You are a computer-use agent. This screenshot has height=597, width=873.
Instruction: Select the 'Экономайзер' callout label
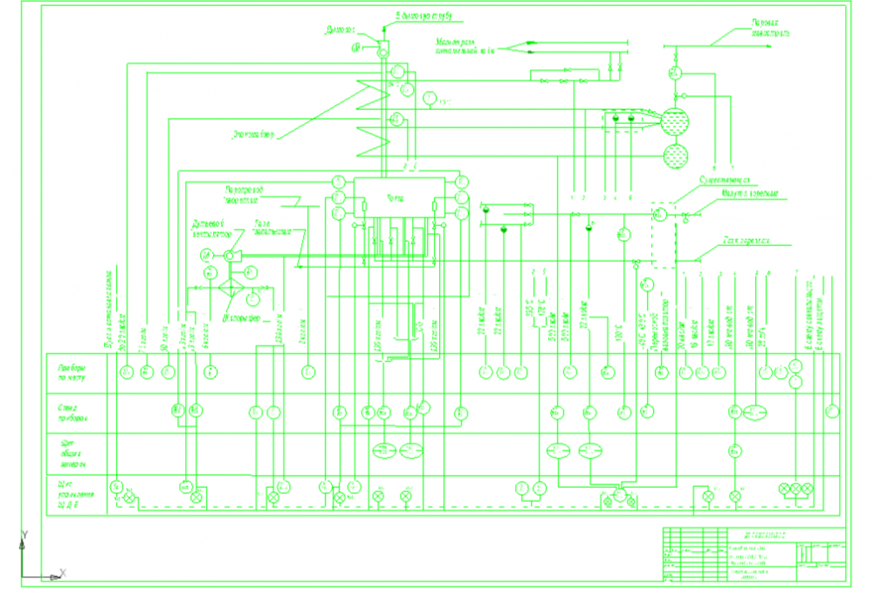tap(253, 134)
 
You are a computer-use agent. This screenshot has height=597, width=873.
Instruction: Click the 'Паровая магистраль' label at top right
tap(769, 29)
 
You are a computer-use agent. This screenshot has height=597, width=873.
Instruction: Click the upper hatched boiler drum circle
tap(674, 120)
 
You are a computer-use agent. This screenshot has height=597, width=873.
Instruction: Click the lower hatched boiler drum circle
tap(674, 156)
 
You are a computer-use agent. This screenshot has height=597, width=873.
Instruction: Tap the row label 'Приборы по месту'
tap(75, 373)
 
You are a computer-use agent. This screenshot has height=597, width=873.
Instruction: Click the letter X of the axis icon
tap(63, 573)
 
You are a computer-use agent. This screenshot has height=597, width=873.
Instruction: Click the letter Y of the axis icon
tap(25, 533)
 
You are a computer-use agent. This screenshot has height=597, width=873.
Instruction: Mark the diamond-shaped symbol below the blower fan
tap(230, 286)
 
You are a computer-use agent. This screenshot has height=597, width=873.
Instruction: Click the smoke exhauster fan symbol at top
tap(382, 51)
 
